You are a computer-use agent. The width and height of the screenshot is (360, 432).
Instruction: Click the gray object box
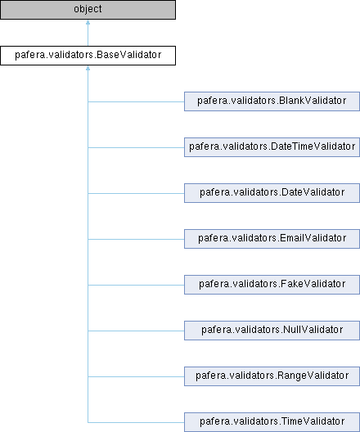(88, 10)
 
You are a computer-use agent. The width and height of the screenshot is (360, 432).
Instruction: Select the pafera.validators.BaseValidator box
(88, 56)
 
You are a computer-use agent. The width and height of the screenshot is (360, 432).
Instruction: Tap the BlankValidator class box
(272, 101)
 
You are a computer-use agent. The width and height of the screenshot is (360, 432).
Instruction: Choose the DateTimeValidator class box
(272, 147)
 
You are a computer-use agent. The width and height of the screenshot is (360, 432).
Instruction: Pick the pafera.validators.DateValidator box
(272, 193)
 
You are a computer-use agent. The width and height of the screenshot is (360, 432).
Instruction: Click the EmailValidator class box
(272, 239)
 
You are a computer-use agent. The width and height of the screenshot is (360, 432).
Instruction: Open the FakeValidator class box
(272, 285)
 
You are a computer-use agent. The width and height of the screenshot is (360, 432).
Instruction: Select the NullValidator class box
(272, 331)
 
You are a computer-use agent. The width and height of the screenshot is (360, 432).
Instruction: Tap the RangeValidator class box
(272, 376)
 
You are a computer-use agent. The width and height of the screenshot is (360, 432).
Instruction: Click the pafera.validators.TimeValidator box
(272, 422)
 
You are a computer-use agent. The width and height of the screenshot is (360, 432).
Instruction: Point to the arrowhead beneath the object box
(88, 22)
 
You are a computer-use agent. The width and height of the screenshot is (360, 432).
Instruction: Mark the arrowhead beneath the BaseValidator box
(88, 68)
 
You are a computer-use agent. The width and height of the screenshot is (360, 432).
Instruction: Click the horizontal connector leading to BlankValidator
(136, 101)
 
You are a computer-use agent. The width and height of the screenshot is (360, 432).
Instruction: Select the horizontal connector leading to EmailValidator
(136, 239)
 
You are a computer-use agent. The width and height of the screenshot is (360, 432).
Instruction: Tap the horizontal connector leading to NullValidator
(136, 331)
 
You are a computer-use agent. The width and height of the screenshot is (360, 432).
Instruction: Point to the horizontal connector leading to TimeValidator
(136, 422)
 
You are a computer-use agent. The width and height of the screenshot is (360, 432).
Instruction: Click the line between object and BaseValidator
(88, 35)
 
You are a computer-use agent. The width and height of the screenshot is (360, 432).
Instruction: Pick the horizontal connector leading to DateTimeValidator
(136, 147)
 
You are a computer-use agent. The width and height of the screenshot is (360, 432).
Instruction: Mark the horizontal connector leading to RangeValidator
(136, 376)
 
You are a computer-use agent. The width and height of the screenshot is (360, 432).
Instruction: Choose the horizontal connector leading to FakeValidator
(136, 285)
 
